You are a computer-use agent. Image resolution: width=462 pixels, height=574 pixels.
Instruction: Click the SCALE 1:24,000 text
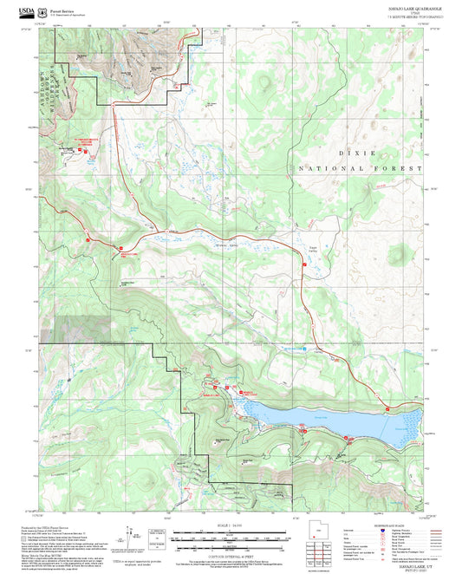pyautogui.click(x=230, y=525)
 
